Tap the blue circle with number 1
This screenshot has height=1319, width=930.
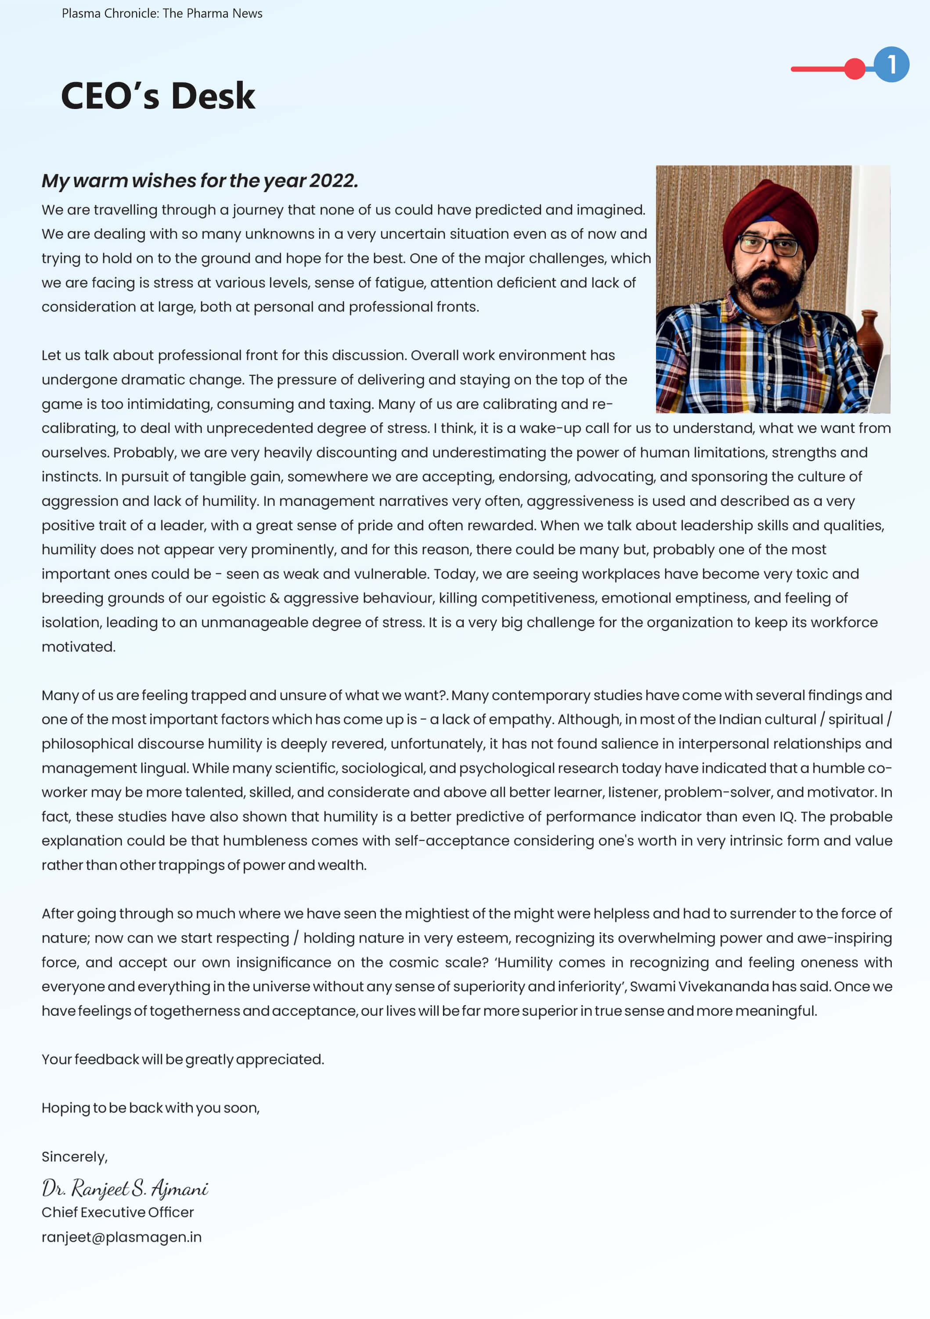pos(891,64)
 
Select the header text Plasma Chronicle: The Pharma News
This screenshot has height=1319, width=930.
pos(162,13)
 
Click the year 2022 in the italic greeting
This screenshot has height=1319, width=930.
pos(333,180)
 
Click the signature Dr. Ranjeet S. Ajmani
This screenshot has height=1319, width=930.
pos(125,1188)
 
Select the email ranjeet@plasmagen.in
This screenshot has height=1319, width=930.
pos(122,1237)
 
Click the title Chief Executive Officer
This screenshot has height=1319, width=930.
pos(118,1212)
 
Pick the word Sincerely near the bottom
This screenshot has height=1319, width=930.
pos(74,1156)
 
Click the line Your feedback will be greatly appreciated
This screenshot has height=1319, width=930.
pos(183,1059)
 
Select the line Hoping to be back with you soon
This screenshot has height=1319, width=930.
pos(151,1108)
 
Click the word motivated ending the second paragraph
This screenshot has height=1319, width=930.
pos(78,647)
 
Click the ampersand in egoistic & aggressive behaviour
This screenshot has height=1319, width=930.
pos(274,598)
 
